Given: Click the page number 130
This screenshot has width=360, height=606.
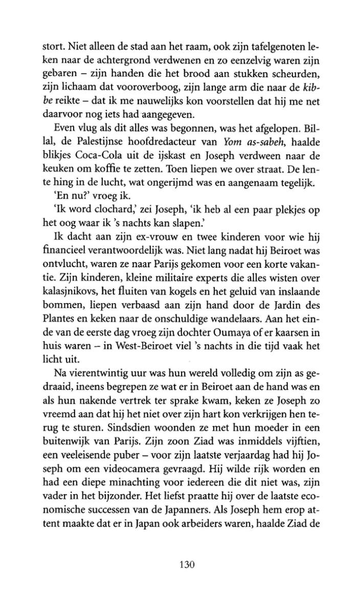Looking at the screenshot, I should (x=180, y=565).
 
